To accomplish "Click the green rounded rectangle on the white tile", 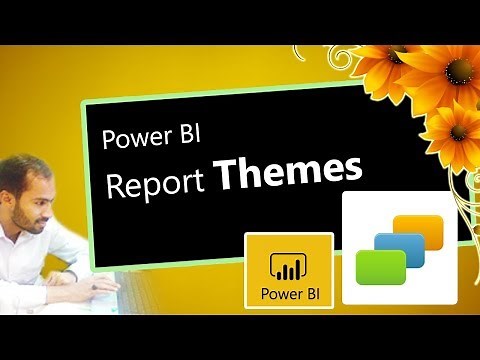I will (381, 268).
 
